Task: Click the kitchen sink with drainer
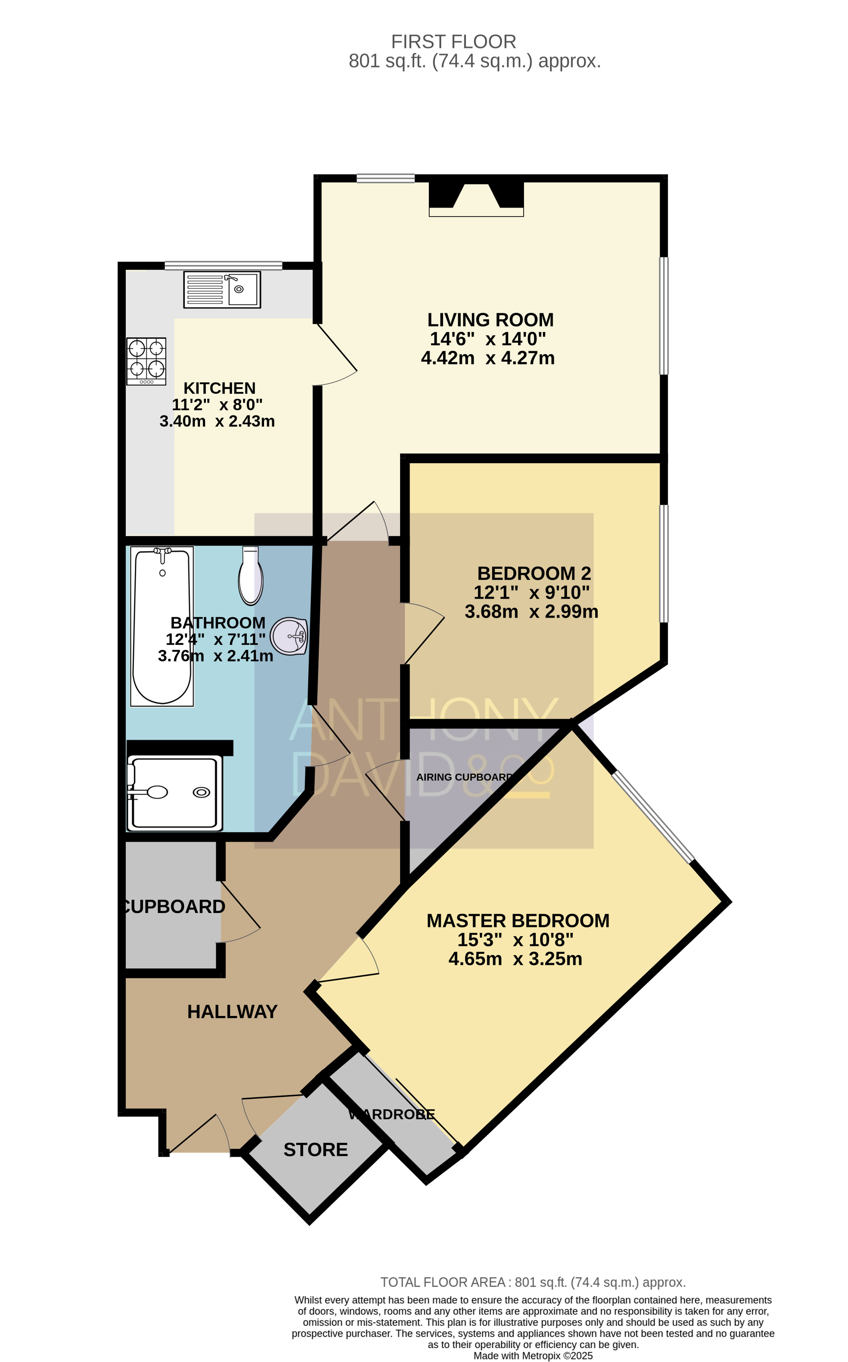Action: [x=222, y=289]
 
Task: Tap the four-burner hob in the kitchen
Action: [x=146, y=361]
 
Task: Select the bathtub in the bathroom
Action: [x=162, y=627]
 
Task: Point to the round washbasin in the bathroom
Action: [x=290, y=636]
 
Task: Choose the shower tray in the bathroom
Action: [x=175, y=793]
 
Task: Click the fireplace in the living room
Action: [x=476, y=199]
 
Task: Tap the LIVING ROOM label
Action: [x=490, y=319]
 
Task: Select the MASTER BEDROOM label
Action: [x=518, y=921]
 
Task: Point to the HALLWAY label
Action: [x=232, y=1011]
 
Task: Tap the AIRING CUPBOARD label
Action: [x=464, y=777]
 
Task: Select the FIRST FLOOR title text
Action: [x=453, y=42]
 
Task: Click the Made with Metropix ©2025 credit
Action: [x=533, y=1356]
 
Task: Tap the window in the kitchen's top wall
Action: [x=223, y=265]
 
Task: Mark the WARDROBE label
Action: [x=391, y=1114]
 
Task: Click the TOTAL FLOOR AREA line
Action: [x=533, y=1282]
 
